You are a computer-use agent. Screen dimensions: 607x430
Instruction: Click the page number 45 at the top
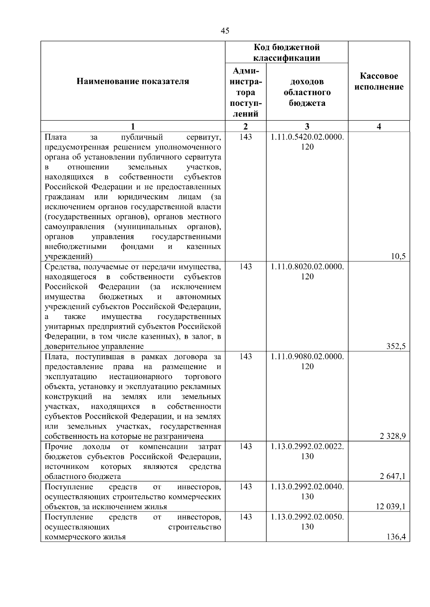point(225,31)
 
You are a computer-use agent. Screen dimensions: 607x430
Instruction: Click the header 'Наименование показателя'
point(133,82)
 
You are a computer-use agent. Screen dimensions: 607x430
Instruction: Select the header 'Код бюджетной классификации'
point(287,53)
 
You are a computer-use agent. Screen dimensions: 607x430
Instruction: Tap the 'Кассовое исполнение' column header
point(379,82)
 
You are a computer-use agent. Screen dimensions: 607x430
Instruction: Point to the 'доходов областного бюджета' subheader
point(307,92)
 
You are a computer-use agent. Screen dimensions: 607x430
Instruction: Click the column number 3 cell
point(307,126)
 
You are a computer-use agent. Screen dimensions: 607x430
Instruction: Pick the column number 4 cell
point(379,126)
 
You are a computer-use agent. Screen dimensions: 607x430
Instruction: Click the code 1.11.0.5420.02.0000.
point(307,137)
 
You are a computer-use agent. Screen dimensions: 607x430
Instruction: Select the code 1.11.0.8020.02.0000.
point(307,266)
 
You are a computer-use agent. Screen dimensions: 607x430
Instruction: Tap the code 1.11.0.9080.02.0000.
point(307,357)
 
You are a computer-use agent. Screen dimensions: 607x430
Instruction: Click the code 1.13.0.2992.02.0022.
point(307,446)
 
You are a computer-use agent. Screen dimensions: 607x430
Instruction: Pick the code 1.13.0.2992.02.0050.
point(307,517)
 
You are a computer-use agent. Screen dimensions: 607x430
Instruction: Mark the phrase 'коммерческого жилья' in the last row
point(85,537)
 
